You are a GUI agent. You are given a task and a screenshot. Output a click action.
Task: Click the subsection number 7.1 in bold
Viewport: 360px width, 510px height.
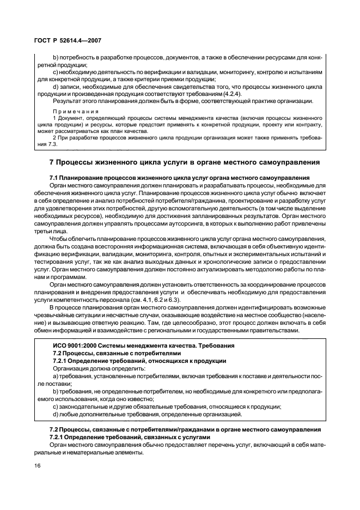(x=55, y=178)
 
